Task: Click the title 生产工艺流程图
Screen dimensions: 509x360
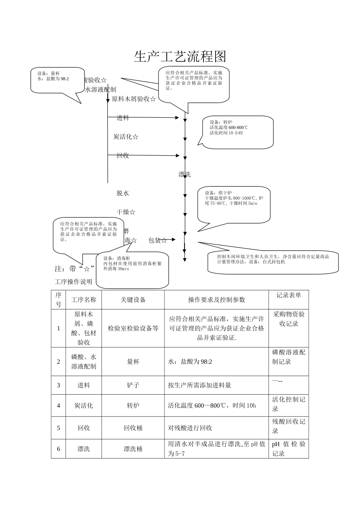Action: tap(180, 57)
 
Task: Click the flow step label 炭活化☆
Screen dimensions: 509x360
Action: tap(126, 137)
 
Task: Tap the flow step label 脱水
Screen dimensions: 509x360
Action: tap(123, 193)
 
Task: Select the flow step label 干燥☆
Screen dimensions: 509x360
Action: tap(126, 212)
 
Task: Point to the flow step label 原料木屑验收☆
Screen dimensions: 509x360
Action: tap(134, 99)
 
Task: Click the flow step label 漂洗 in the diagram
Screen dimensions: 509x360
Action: tap(185, 175)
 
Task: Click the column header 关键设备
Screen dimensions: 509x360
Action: tap(133, 300)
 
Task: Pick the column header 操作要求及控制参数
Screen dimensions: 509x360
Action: tap(216, 300)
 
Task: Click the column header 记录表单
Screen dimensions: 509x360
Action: tap(289, 295)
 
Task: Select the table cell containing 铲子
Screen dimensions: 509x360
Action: tap(133, 385)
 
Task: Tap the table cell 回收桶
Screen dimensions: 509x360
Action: tap(133, 428)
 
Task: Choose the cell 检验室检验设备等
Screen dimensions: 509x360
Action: tap(133, 328)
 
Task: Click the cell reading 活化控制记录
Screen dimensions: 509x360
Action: tap(289, 404)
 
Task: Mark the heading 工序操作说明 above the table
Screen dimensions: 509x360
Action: tap(74, 282)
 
